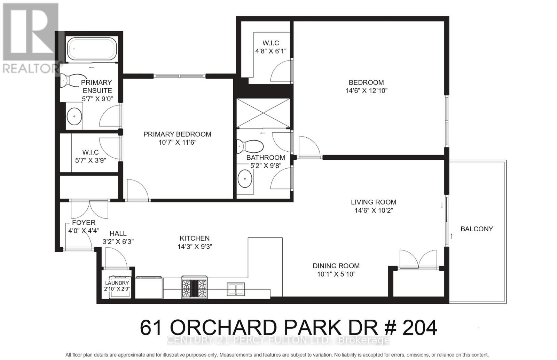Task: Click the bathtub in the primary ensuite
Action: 92,49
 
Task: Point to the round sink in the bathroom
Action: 245,179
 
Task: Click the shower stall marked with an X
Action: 264,113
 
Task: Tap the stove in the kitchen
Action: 194,287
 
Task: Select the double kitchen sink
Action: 236,289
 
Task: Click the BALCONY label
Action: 477,229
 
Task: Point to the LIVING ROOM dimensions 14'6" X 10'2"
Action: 374,210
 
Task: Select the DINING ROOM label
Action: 336,266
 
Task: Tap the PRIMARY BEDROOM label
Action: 177,134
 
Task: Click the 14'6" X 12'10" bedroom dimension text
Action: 366,91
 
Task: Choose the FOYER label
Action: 84,223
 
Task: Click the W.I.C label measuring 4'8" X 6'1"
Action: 270,43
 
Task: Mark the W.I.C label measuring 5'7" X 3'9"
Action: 90,152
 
